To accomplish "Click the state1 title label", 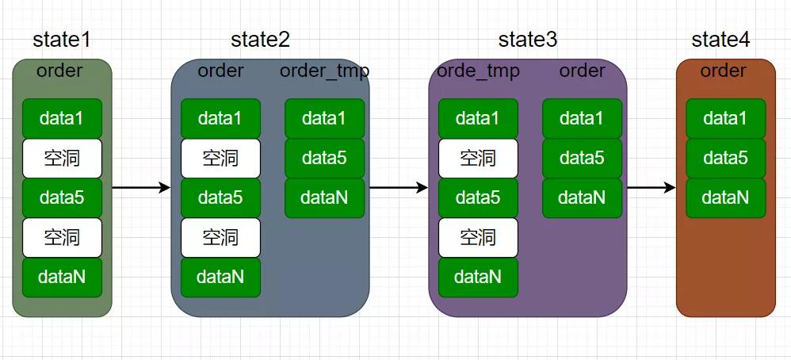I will (x=62, y=40).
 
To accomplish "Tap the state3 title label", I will (x=527, y=40).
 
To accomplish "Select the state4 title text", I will (x=720, y=40).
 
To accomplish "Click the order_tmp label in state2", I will (x=324, y=71).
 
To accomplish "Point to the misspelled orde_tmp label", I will (x=478, y=71).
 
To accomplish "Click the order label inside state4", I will (x=723, y=71).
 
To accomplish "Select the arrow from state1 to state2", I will (x=141, y=188).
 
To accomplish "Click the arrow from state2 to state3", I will (x=399, y=188).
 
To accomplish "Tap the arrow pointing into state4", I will (x=651, y=188).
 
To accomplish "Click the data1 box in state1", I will (x=62, y=119).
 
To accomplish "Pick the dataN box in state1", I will (x=62, y=278).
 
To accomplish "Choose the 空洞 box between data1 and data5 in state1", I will (x=62, y=159).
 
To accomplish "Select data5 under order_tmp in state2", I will (x=324, y=158).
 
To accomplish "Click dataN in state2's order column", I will (x=220, y=278).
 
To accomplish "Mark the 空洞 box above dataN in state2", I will (x=220, y=238).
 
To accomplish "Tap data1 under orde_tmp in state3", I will (x=478, y=119).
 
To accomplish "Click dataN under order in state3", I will (x=582, y=197).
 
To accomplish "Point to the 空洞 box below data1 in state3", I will (x=478, y=159).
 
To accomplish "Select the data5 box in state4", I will (x=725, y=158).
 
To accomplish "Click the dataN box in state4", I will (x=725, y=197).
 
